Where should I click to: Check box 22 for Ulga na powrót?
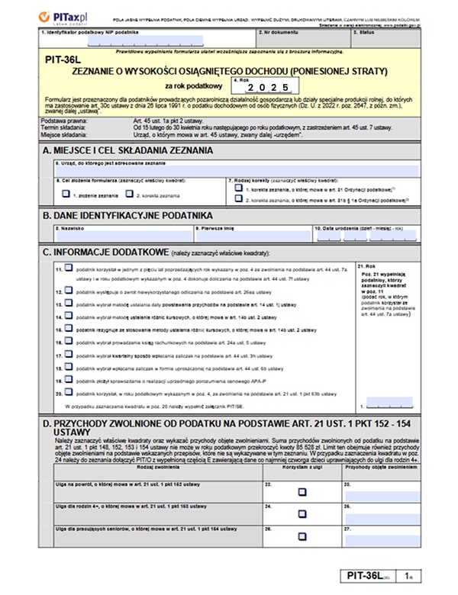[x=302, y=492]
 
